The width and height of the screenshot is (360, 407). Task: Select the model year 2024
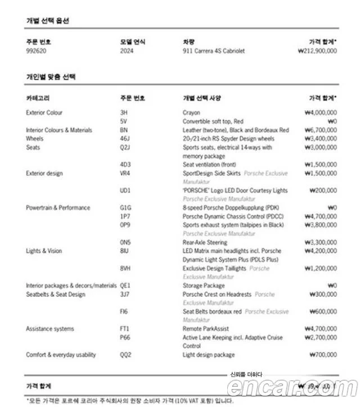pos(127,51)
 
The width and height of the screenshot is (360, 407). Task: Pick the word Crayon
pos(191,113)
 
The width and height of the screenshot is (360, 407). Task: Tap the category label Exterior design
pos(44,174)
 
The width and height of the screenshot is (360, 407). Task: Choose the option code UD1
pos(125,191)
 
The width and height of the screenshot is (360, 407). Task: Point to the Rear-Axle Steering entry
pos(205,242)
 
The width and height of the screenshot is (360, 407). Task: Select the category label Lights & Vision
pos(44,251)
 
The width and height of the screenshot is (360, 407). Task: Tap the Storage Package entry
pos(203,286)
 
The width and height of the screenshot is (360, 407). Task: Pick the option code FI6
pos(124,311)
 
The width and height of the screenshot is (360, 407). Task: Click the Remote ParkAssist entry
pos(205,329)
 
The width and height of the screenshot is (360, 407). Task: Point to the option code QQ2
pos(125,355)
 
